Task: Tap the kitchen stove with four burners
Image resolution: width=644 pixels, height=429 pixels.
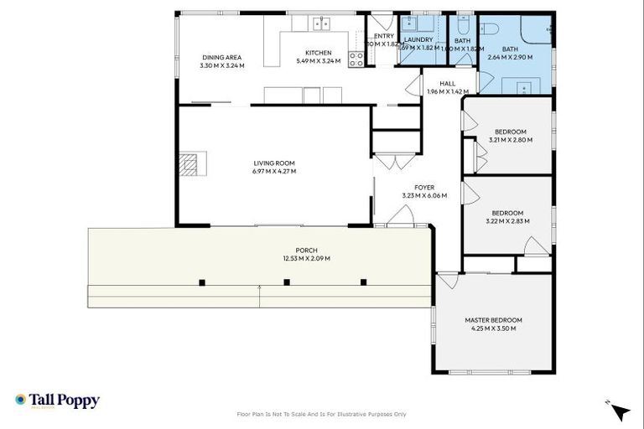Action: point(356,59)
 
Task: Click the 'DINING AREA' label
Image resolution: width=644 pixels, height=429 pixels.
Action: point(221,57)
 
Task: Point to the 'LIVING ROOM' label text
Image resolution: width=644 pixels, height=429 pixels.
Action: point(274,163)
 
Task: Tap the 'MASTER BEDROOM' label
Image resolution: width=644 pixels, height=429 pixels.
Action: point(493,320)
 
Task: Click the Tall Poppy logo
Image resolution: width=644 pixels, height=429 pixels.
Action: point(57,401)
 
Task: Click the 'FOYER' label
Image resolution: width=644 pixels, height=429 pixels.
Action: point(424,188)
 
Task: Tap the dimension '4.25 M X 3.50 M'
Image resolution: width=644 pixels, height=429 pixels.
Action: point(493,328)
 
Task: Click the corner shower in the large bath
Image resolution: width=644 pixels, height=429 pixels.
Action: point(538,30)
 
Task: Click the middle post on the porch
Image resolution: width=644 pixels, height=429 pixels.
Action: point(287,282)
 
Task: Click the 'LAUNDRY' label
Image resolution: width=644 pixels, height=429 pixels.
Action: point(418,39)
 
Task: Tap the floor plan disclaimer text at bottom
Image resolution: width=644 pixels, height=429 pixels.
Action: point(322,414)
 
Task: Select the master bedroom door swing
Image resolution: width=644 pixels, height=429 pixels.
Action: point(446,281)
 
